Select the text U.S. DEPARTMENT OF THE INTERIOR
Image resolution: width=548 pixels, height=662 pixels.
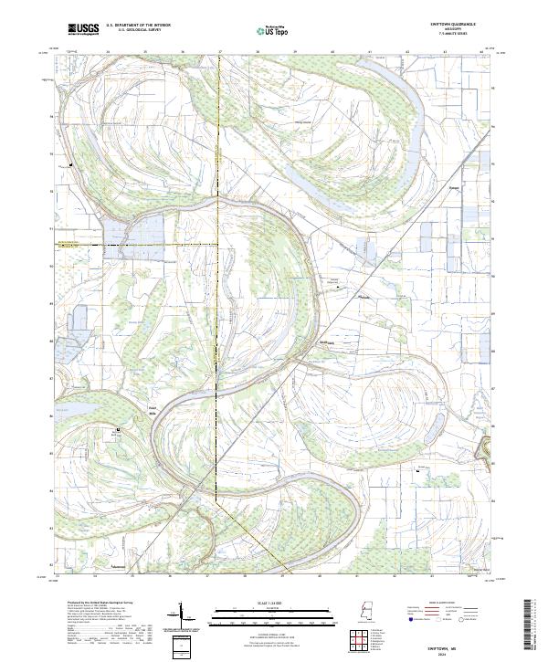pos(138,26)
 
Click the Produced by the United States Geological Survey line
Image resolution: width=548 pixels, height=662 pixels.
pos(100,603)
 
